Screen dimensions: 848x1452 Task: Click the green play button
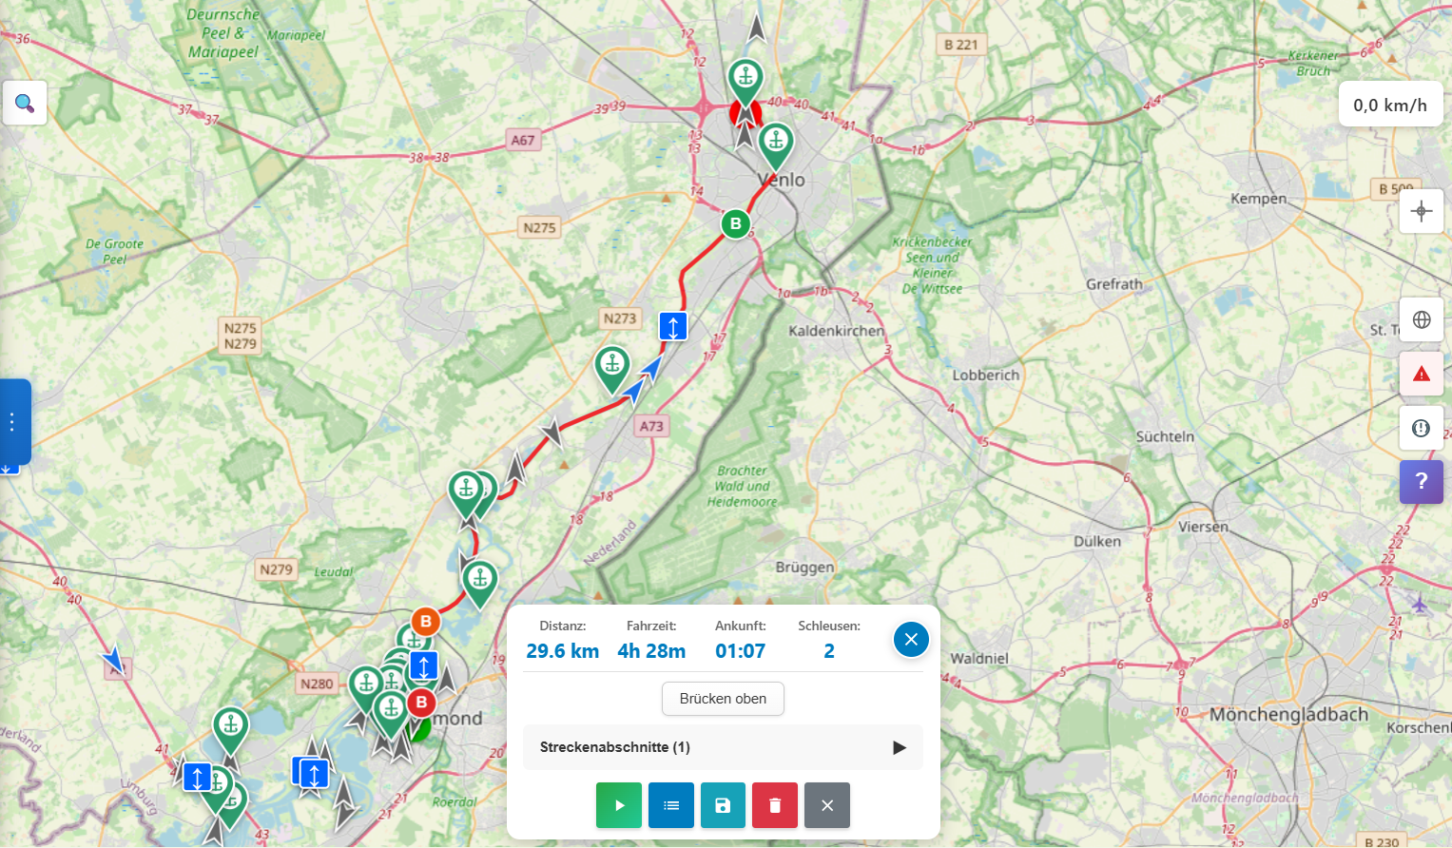pos(619,805)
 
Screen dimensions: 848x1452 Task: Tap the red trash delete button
pos(775,805)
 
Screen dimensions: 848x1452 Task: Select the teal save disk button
pos(723,805)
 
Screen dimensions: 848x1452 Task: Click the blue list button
pos(671,805)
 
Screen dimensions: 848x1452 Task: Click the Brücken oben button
pos(723,699)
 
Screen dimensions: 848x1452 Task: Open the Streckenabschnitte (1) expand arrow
pos(899,747)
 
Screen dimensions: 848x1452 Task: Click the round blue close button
pos(910,640)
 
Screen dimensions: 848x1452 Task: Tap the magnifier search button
pos(25,103)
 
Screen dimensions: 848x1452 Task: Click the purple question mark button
pos(1422,481)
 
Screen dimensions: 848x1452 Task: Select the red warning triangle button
pos(1422,374)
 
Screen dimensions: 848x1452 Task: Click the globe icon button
pos(1422,319)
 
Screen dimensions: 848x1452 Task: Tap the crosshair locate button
pos(1422,211)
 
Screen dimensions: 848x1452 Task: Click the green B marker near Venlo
pos(735,224)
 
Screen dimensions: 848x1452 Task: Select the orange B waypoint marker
pos(425,622)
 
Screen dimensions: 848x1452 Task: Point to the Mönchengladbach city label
pos(1288,715)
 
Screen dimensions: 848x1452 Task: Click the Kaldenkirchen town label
pos(836,331)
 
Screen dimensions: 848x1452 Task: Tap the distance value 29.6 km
pos(562,651)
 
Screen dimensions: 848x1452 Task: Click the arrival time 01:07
pos(740,651)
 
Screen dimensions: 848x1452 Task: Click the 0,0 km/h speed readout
pos(1389,106)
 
